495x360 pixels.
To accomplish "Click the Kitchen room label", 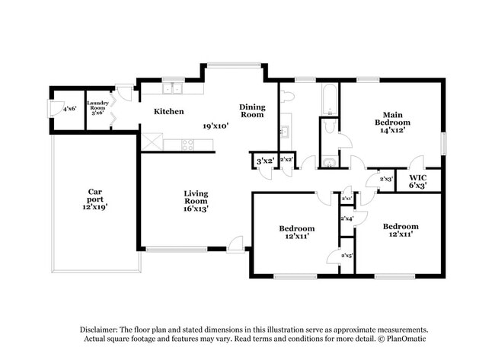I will coord(169,111).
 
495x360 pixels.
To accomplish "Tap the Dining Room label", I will coord(252,111).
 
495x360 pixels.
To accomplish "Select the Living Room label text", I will coord(196,200).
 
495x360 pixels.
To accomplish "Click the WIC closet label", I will coord(417,180).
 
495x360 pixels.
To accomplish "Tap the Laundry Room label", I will coord(97,107).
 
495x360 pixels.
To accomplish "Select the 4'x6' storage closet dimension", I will coord(69,108).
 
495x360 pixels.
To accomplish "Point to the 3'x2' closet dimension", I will coord(264,161).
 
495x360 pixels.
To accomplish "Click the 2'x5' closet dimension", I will coord(346,256).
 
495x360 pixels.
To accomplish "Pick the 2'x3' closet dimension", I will coord(386,179).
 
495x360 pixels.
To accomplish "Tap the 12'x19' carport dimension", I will coord(95,207).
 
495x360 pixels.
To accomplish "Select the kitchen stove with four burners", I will coord(187,142).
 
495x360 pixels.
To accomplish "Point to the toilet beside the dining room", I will coord(287,97).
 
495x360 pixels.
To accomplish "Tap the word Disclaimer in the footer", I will coord(102,329).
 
